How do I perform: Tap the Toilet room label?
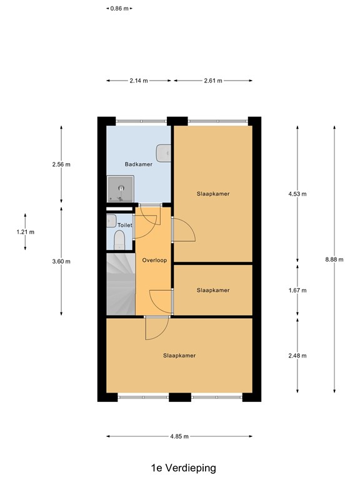[x=125, y=224]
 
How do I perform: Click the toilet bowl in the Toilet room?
[x=119, y=240]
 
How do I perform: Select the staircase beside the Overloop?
[x=120, y=284]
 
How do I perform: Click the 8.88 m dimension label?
[x=334, y=259]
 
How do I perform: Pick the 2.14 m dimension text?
[x=139, y=81]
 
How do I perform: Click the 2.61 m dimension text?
[x=213, y=81]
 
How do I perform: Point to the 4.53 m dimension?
[x=297, y=194]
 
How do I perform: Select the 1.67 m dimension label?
[x=297, y=290]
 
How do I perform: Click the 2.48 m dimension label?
[x=297, y=356]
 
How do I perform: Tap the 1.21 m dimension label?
[x=25, y=232]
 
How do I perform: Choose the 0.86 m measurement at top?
[x=119, y=8]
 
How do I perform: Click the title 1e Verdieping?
[x=179, y=467]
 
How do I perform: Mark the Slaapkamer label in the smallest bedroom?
[x=213, y=290]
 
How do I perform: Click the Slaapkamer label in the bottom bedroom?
[x=179, y=356]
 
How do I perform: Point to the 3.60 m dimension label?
[x=61, y=261]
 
